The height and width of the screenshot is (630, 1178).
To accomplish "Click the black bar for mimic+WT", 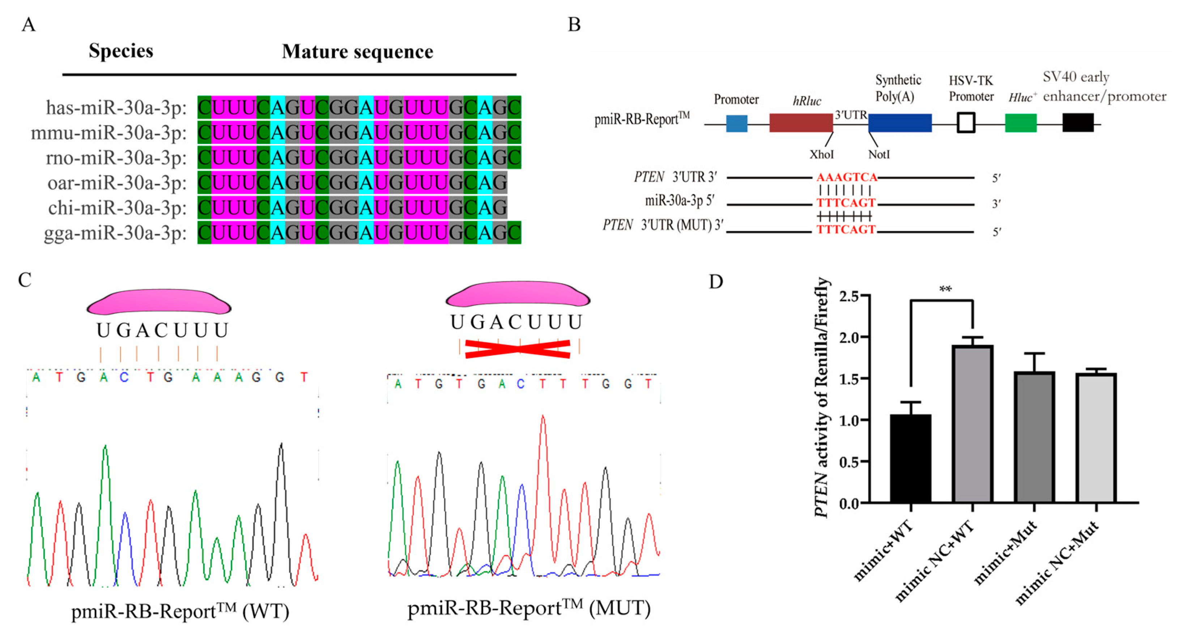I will tap(910, 458).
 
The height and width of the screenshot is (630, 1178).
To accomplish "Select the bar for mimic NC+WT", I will tap(972, 424).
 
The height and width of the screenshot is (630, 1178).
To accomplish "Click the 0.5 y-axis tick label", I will tap(850, 462).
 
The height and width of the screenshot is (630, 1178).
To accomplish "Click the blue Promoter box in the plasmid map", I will tap(737, 123).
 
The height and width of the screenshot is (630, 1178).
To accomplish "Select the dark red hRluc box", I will tap(801, 123).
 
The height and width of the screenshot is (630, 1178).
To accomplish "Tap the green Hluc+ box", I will tap(1020, 123).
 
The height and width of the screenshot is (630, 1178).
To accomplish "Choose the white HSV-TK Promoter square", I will tap(966, 123).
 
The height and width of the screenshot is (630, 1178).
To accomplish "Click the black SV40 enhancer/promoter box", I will tap(1078, 123).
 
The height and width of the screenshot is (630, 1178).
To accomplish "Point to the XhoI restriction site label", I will tap(821, 155).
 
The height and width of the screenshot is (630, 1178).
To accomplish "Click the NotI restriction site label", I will tap(879, 155).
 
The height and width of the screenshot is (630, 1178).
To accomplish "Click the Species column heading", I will tap(121, 51).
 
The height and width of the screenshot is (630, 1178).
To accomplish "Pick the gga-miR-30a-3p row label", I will tap(115, 233).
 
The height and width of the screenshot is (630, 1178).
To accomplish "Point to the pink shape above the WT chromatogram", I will tap(159, 301).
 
